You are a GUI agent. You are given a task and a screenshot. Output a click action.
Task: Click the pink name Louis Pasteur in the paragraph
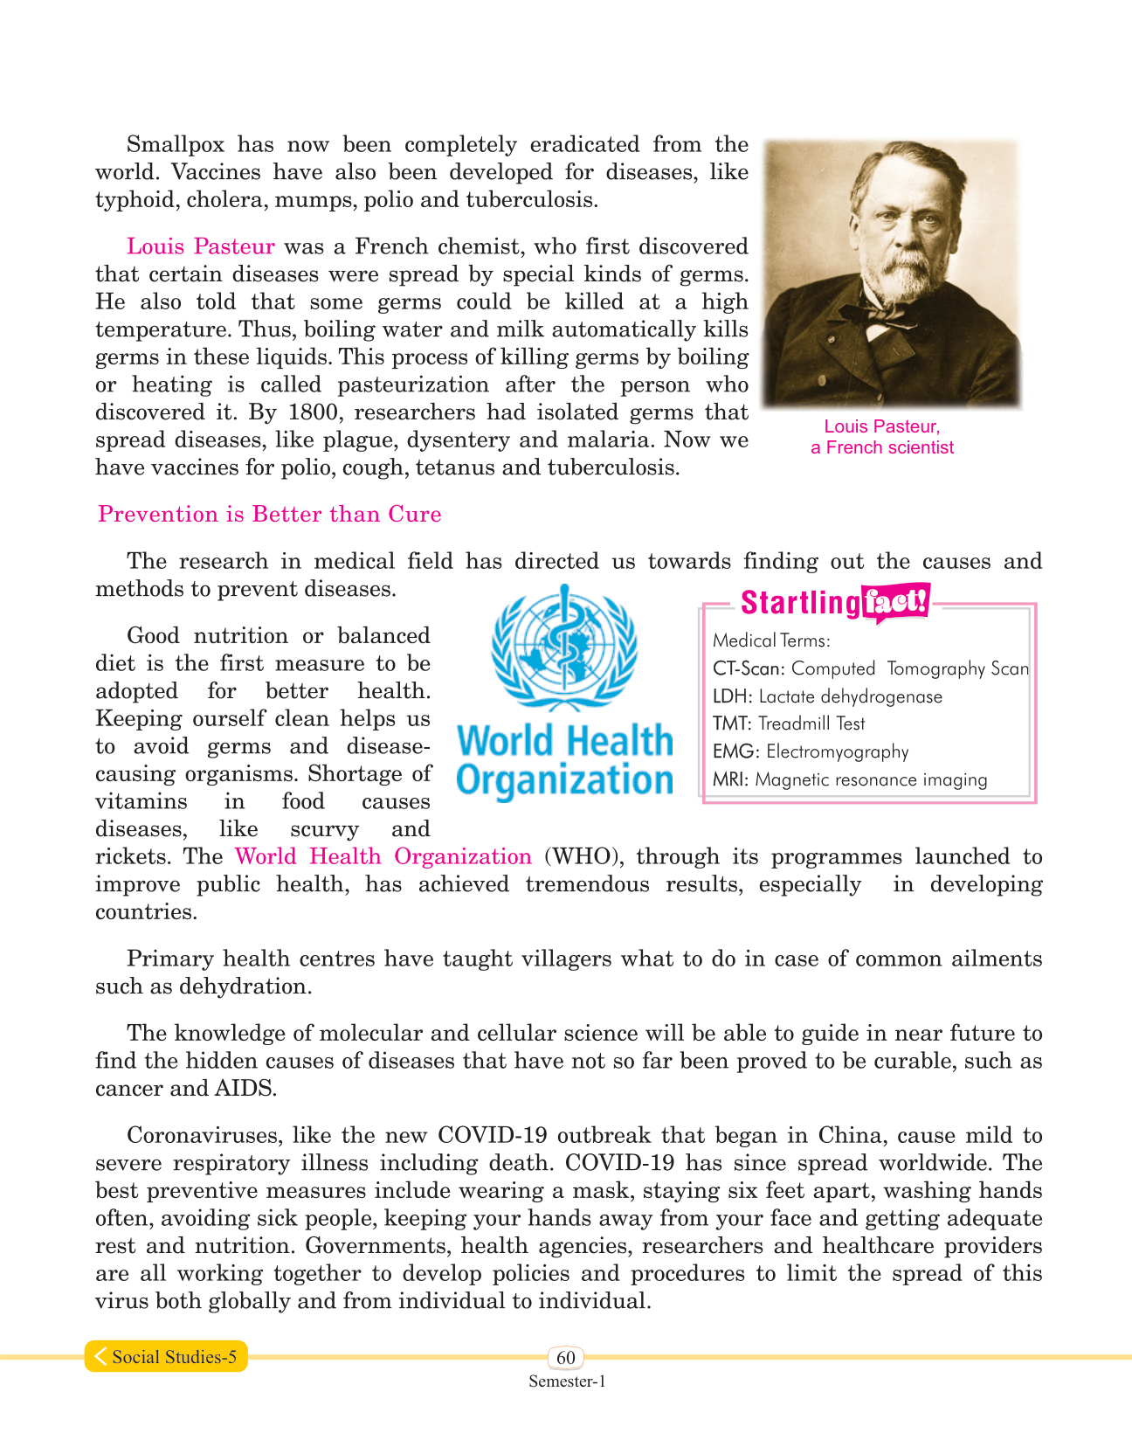coord(200,246)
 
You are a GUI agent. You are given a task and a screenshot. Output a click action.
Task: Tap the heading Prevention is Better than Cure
coord(269,514)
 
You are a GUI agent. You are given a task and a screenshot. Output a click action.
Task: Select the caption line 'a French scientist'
coord(882,447)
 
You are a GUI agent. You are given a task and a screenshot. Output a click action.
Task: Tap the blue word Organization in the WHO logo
coord(564,779)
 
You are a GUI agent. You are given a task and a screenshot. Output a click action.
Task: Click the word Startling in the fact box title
coord(799,603)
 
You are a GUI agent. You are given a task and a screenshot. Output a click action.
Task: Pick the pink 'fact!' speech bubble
coord(894,602)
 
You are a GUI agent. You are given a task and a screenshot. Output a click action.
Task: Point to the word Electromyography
coord(837,751)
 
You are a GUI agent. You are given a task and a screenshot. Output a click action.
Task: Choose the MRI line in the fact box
coord(849,779)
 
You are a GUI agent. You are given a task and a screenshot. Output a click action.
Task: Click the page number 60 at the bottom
coord(566,1357)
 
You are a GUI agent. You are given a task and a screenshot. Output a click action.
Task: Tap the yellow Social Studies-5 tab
coord(166,1356)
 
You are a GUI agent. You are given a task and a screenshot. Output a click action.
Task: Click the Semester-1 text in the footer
coord(566,1381)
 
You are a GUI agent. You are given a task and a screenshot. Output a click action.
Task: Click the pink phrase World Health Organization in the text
coord(383,856)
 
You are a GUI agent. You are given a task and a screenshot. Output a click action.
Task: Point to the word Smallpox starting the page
coord(175,144)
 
